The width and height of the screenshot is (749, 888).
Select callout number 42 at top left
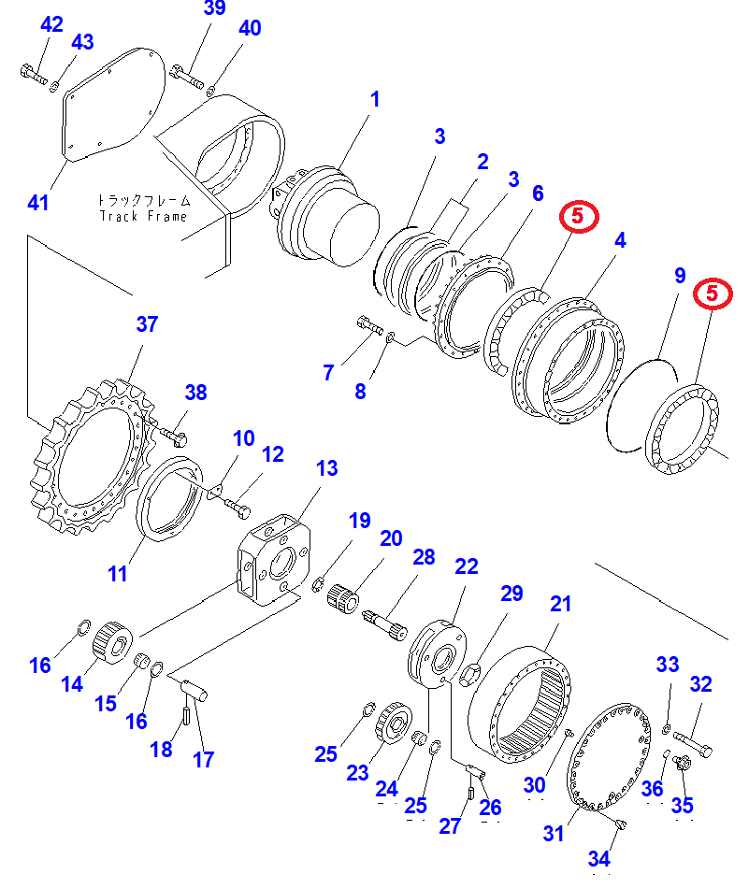click(x=51, y=24)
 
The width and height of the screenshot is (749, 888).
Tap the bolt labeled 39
click(x=186, y=77)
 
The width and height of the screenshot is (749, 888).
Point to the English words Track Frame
click(x=143, y=216)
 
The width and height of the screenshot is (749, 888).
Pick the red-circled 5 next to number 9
click(x=713, y=294)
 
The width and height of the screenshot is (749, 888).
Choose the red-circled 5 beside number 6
click(x=579, y=216)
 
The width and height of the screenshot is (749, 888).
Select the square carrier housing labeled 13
click(x=274, y=560)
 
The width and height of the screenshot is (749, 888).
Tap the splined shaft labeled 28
click(x=384, y=624)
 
